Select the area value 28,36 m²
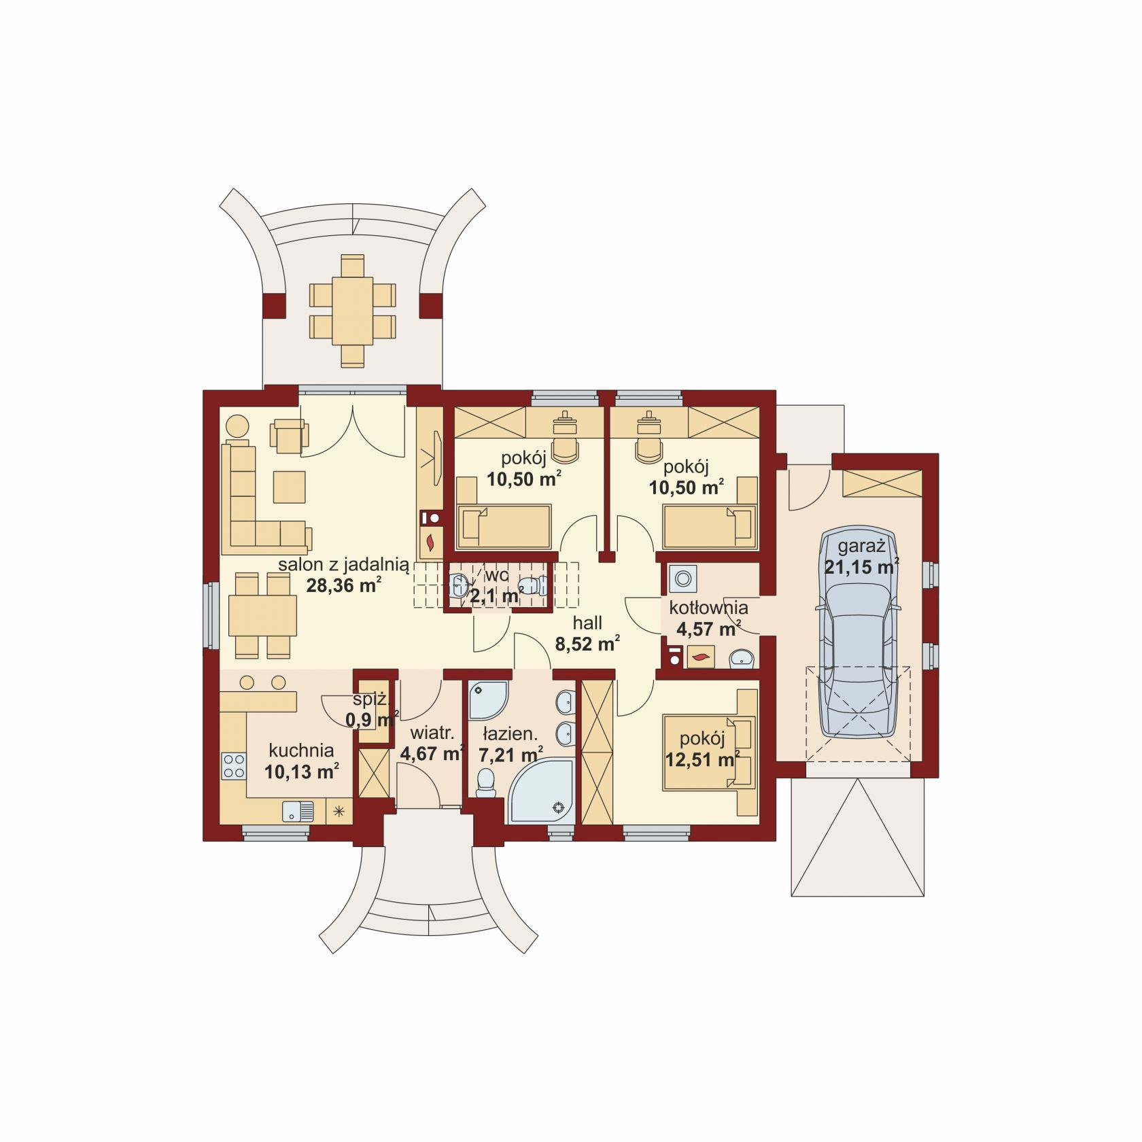coord(343,585)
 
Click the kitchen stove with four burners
coord(234,765)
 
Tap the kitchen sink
coord(297,812)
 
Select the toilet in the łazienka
coord(486,782)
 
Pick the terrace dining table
coord(352,310)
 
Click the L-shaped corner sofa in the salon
coord(258,496)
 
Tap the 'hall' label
coord(587,623)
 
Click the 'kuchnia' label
coord(301,750)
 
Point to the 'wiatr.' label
coord(431,733)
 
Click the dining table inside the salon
coord(262,616)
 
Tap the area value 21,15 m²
coord(861,566)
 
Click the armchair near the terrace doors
coord(289,435)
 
